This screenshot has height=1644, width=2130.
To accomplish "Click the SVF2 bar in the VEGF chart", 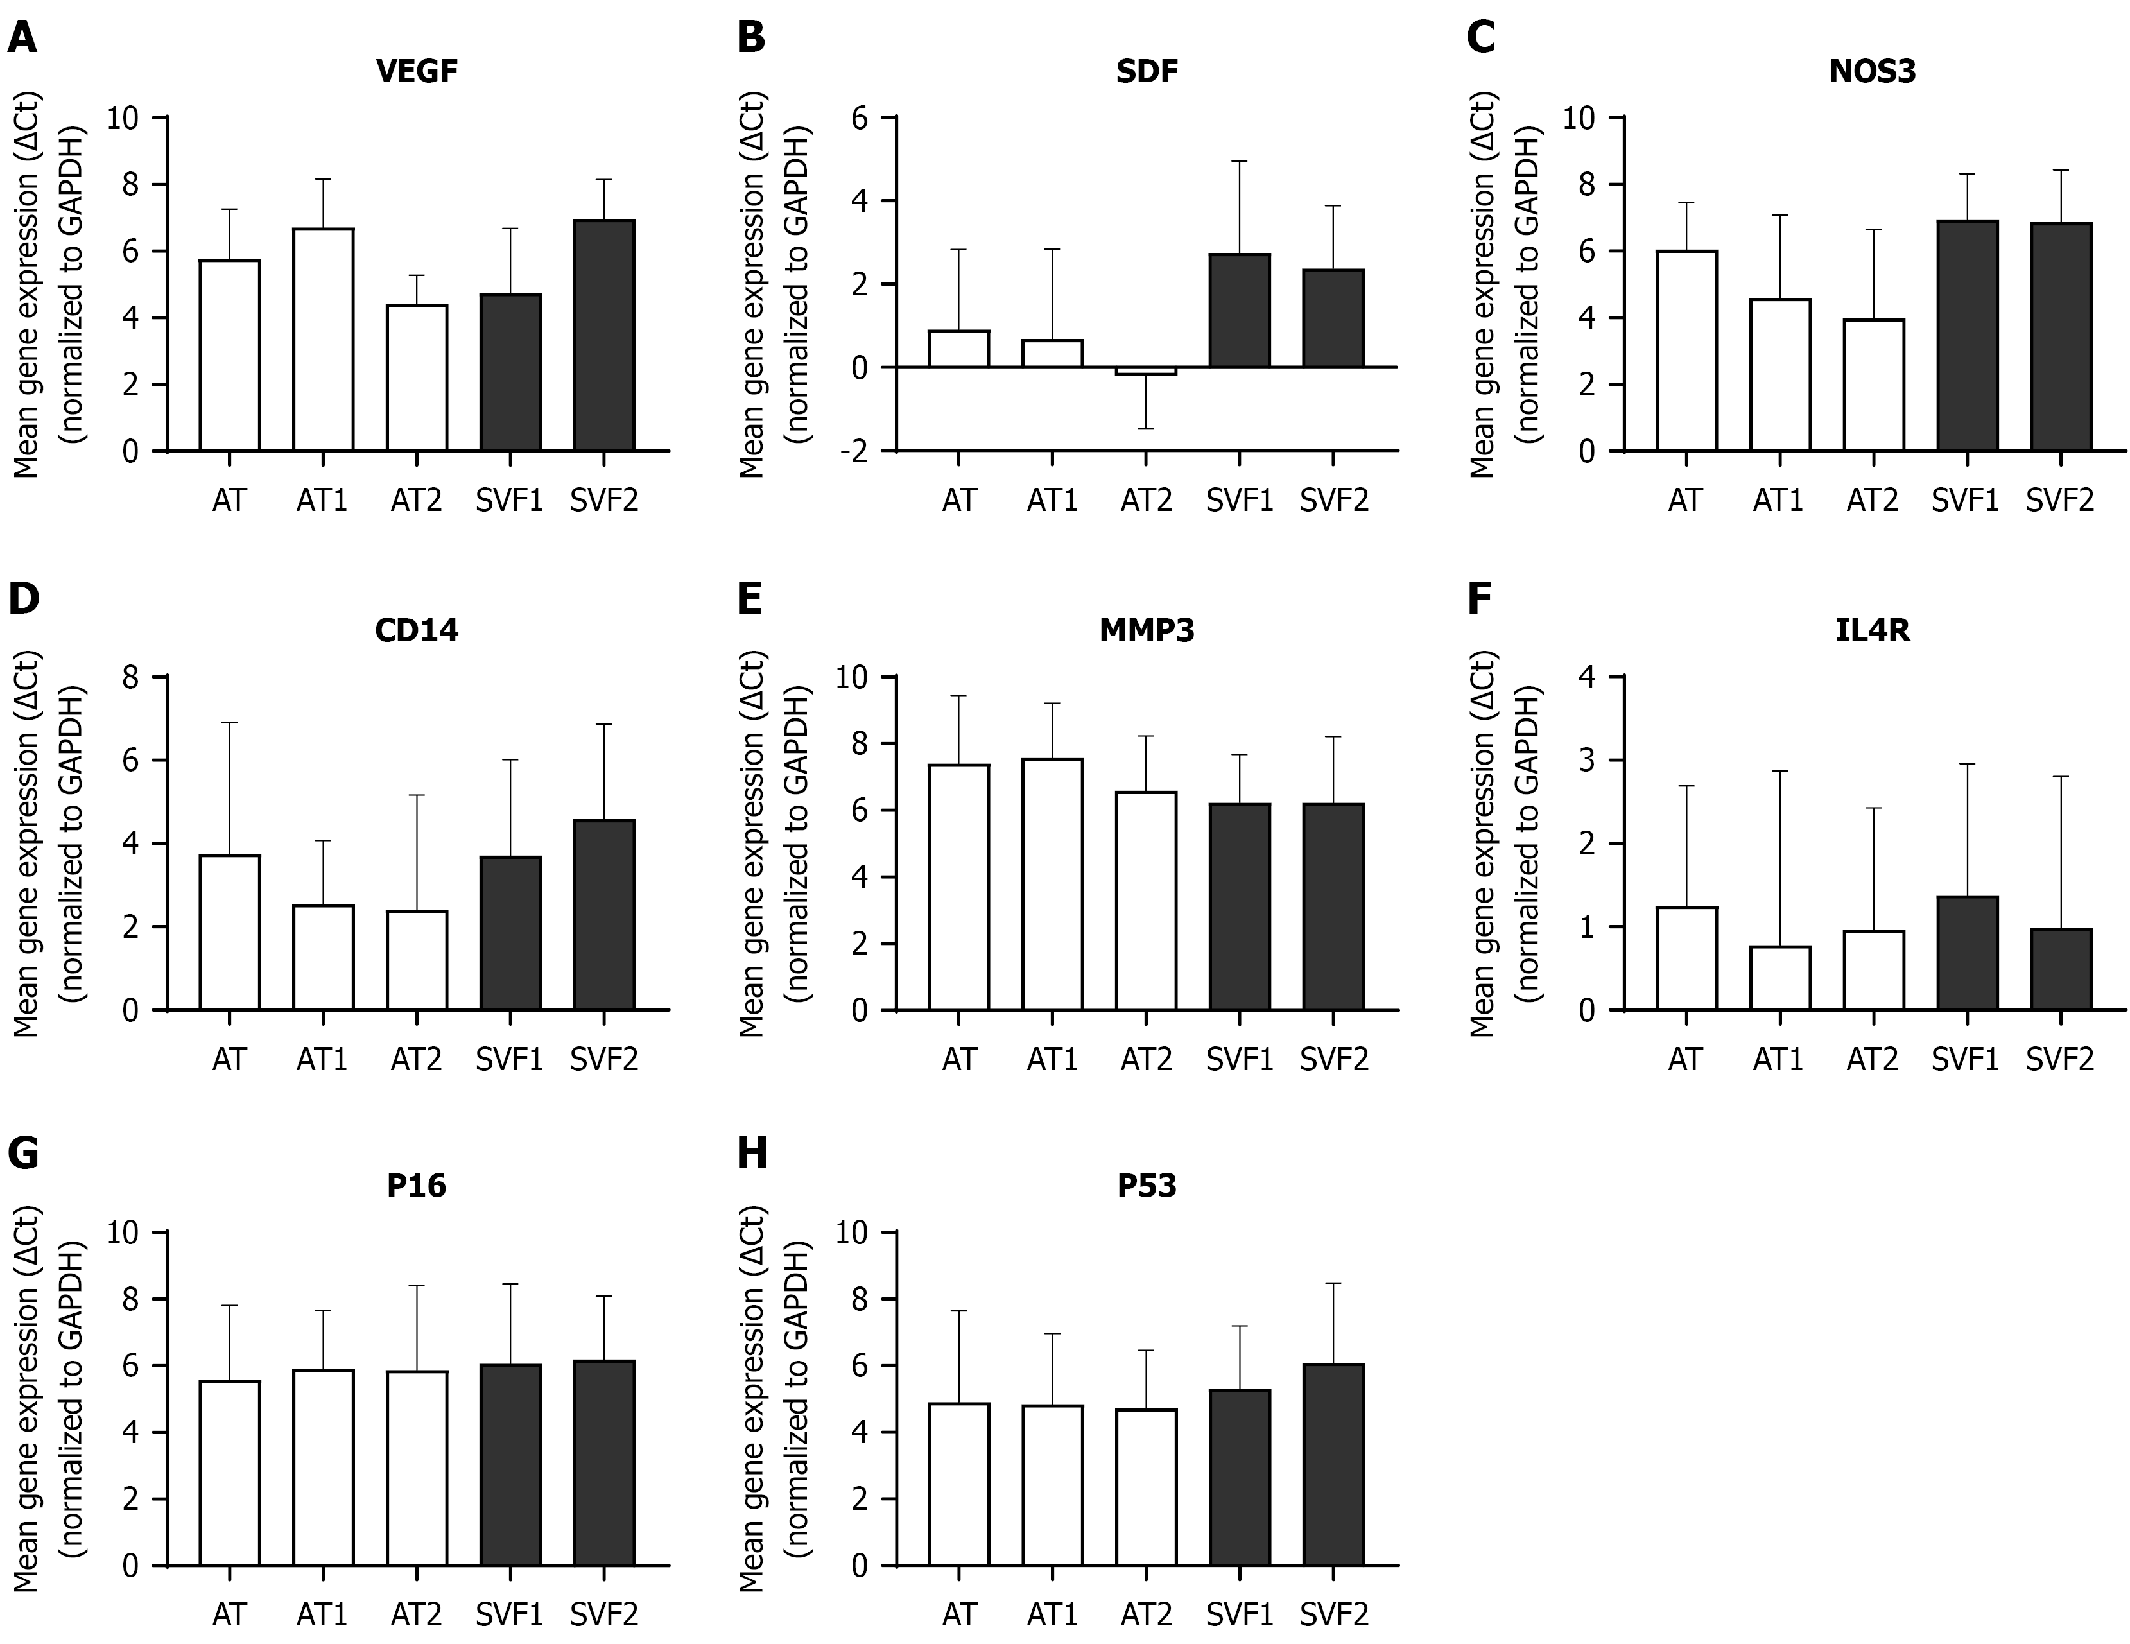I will coord(603,336).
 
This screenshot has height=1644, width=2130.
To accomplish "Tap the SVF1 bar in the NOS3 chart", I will coord(1966,336).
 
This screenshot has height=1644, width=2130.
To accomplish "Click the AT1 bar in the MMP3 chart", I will coord(1052,885).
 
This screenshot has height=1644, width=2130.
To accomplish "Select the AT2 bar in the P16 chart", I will coord(417,1467).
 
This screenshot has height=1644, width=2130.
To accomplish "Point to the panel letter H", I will coord(752,1154).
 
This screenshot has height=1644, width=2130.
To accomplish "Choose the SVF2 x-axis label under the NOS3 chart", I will coord(2060,500).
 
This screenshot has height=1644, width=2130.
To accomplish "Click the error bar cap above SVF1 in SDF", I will coord(1240,161).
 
